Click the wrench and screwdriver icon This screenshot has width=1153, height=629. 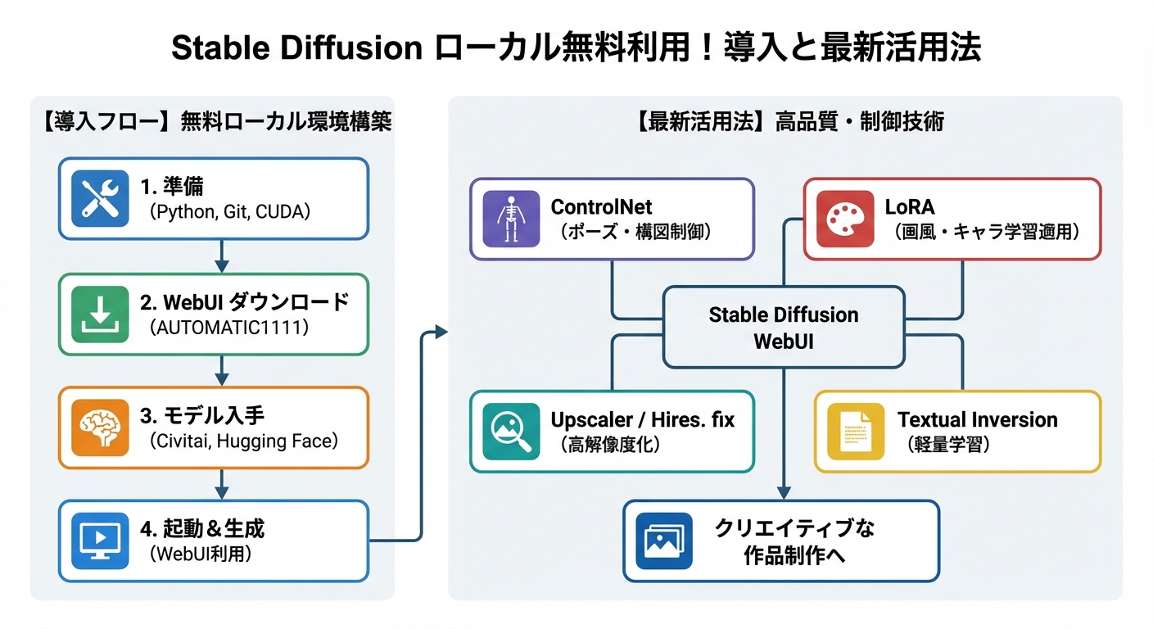pyautogui.click(x=100, y=198)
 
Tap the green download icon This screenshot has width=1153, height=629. pyautogui.click(x=100, y=314)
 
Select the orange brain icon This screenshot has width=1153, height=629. pyautogui.click(x=100, y=427)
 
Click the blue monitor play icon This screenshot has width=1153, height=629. pyautogui.click(x=100, y=541)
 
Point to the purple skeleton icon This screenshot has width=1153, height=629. pyautogui.click(x=511, y=219)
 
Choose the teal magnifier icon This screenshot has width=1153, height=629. pyautogui.click(x=511, y=432)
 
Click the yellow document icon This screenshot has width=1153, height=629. pyautogui.click(x=856, y=432)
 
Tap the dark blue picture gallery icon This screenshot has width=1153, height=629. pyautogui.click(x=664, y=541)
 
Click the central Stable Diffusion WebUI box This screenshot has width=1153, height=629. pyautogui.click(x=784, y=327)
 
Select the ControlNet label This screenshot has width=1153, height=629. pyautogui.click(x=602, y=206)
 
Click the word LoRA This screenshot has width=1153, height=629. pyautogui.click(x=910, y=206)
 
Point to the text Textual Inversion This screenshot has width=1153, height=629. pyautogui.click(x=977, y=420)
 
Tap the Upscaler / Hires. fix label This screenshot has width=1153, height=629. pyautogui.click(x=643, y=420)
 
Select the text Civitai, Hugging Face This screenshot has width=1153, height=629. pyautogui.click(x=244, y=441)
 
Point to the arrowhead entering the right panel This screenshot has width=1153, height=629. pyautogui.click(x=442, y=332)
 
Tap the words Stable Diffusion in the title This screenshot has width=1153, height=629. pyautogui.click(x=296, y=49)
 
